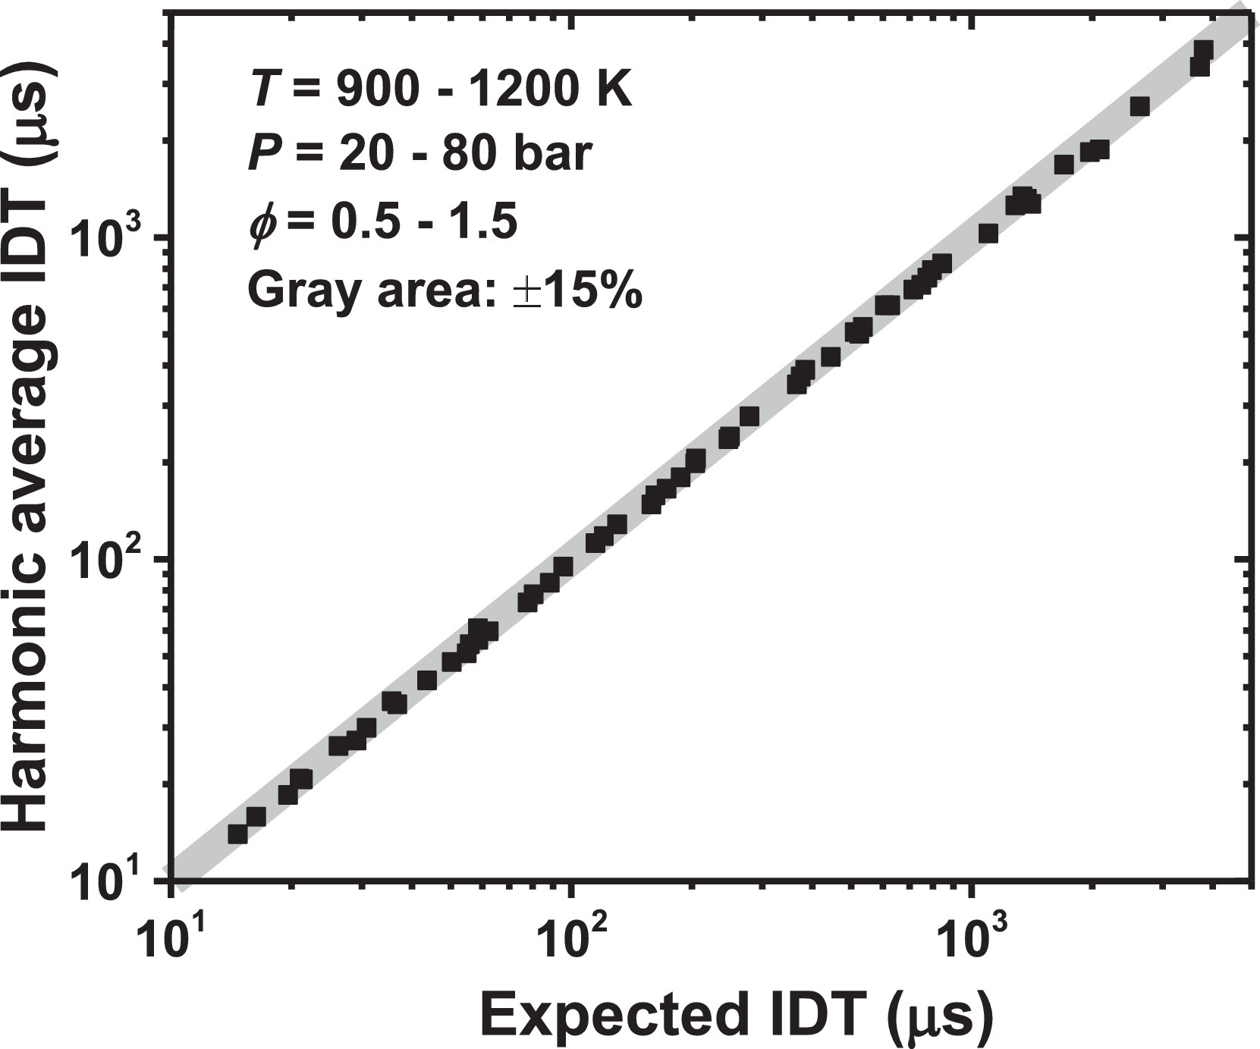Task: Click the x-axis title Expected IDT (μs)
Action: pyautogui.click(x=736, y=1015)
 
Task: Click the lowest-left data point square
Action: pyautogui.click(x=237, y=834)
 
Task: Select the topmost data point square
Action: pyautogui.click(x=1204, y=51)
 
